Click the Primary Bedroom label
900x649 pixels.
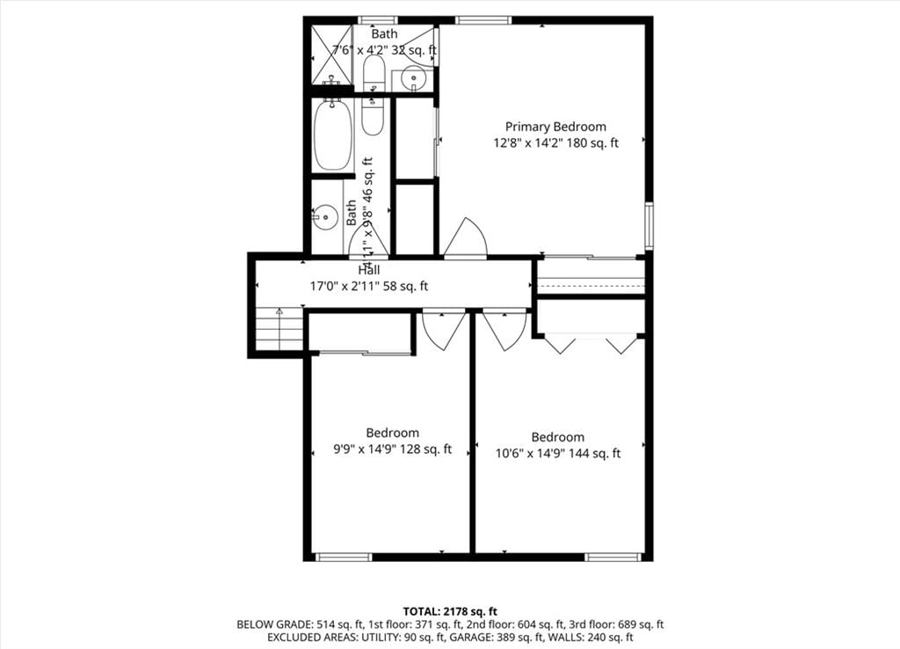[x=555, y=127]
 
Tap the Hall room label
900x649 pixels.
[x=369, y=270]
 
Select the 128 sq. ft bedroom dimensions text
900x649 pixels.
[x=393, y=449]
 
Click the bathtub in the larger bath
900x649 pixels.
[x=332, y=135]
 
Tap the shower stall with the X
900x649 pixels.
[x=330, y=55]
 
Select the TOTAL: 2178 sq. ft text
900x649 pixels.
[x=450, y=611]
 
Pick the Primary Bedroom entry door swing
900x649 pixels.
[x=466, y=238]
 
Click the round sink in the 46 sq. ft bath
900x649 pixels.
[x=325, y=217]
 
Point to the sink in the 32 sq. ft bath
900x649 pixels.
[x=413, y=78]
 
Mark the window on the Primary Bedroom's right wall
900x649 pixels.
[x=649, y=225]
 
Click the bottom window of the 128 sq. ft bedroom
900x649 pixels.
[x=344, y=557]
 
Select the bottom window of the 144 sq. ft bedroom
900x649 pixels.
[x=613, y=557]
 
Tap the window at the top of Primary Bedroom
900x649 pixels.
[x=483, y=20]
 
